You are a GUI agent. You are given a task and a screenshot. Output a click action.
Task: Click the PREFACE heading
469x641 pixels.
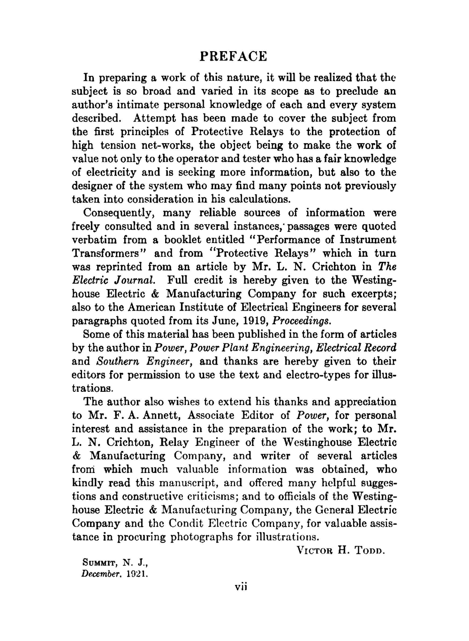click(233, 57)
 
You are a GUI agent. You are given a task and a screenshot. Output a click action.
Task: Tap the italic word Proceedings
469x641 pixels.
click(302, 321)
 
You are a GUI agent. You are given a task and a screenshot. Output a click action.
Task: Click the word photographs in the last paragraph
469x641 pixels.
click(210, 537)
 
